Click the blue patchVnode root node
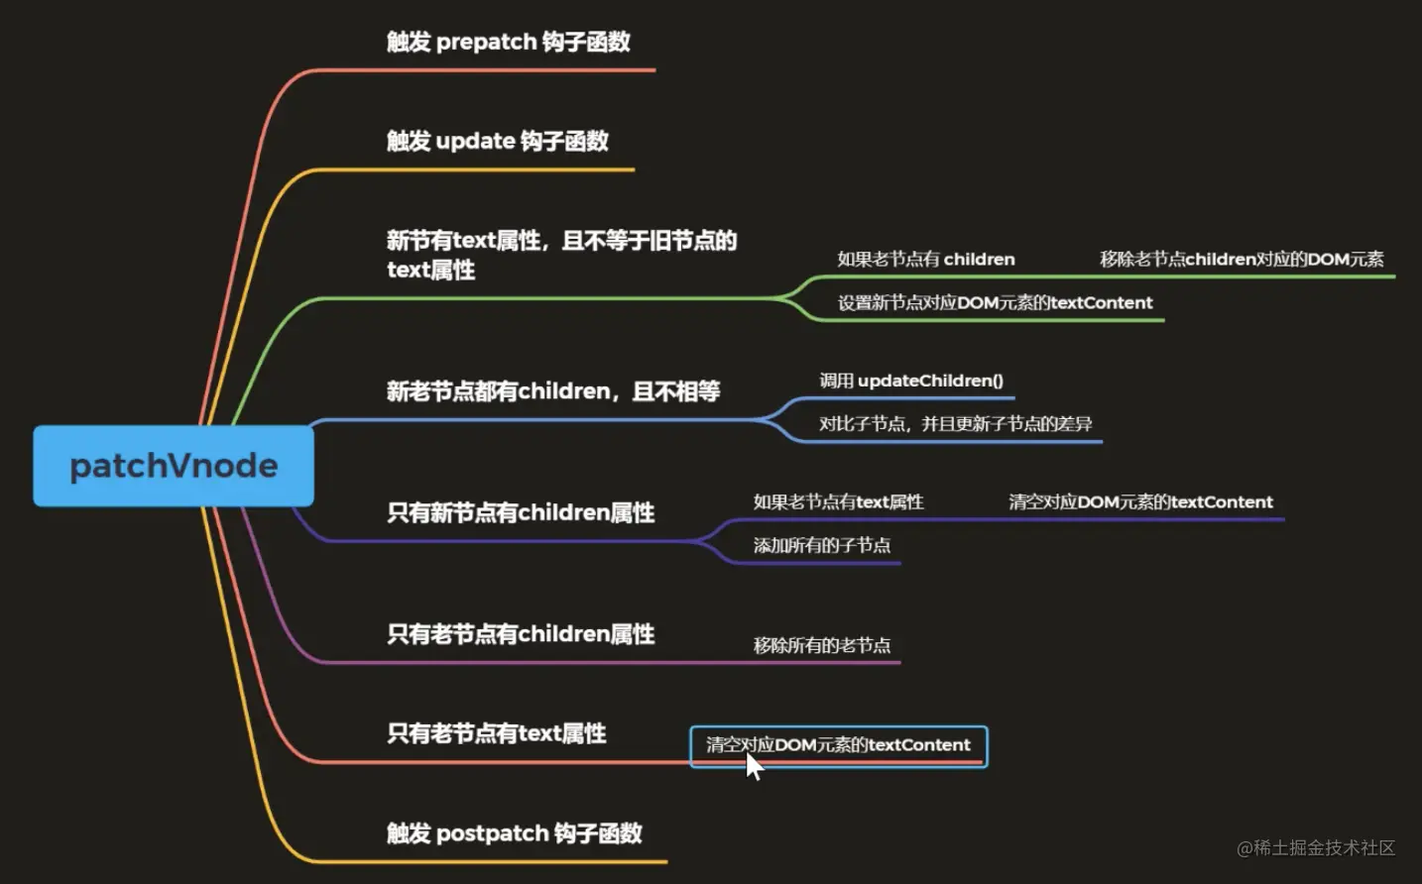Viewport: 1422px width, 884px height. click(174, 466)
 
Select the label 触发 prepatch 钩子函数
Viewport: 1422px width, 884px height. click(508, 42)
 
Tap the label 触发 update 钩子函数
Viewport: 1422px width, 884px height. click(497, 141)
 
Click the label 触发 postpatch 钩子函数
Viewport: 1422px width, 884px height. click(514, 833)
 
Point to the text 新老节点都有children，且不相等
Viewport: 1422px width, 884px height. click(552, 391)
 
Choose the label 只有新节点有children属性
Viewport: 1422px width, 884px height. click(521, 512)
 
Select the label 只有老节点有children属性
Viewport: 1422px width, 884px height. click(521, 634)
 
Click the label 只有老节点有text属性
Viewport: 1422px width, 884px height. click(496, 733)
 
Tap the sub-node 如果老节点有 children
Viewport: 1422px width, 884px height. click(925, 260)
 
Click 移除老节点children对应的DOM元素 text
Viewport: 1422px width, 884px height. click(1241, 260)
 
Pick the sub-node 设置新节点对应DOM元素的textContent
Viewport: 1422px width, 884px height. click(995, 303)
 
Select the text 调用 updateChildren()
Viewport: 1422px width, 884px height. click(910, 381)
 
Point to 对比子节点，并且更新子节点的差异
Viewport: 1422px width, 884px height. click(955, 424)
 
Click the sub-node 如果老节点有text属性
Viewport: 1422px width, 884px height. click(838, 502)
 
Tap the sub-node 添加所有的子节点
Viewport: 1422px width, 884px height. click(821, 545)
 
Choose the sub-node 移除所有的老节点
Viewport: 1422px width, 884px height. click(821, 646)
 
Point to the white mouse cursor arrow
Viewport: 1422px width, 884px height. click(754, 765)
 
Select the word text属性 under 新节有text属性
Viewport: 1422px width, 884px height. click(430, 270)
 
